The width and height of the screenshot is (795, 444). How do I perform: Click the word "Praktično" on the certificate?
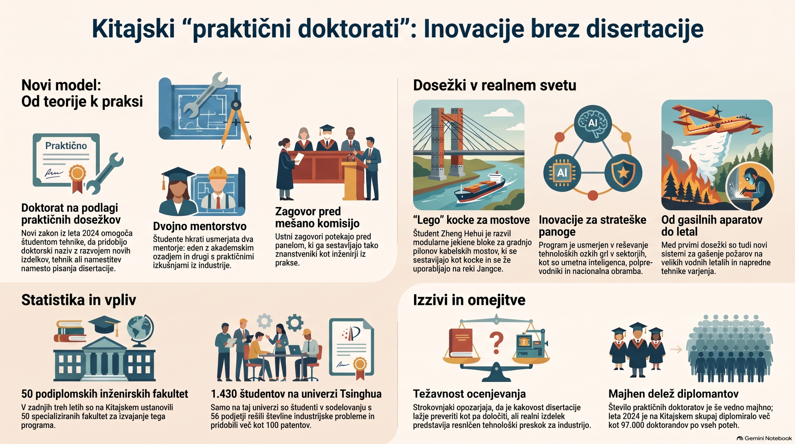[x=66, y=146]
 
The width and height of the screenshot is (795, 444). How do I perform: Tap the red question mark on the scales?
[x=496, y=343]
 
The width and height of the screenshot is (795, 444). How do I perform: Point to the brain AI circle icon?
[x=593, y=123]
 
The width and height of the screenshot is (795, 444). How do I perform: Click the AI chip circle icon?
[x=562, y=172]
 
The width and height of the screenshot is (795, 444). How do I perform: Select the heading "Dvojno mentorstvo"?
[x=200, y=226]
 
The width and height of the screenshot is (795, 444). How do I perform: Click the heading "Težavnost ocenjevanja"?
[x=469, y=394]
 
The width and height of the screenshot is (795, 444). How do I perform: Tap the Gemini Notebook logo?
[x=764, y=438]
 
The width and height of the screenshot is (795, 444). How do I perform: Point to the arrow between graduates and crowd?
[x=676, y=350]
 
